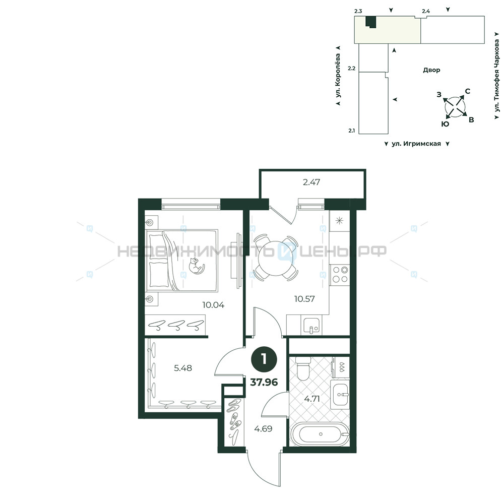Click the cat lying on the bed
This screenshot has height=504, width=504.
[x=197, y=266]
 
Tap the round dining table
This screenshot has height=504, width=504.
[x=276, y=258]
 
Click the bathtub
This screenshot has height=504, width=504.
[x=320, y=434]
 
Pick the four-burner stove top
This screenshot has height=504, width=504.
[x=340, y=275]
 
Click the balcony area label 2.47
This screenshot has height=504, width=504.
[x=311, y=182]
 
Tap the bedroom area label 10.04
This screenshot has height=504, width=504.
[x=213, y=305]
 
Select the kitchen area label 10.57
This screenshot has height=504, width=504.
[x=304, y=299]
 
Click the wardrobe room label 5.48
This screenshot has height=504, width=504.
[x=183, y=368]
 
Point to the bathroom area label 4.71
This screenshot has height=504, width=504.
[x=312, y=399]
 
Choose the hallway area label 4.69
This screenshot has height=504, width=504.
[x=263, y=428]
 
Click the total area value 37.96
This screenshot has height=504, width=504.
[x=264, y=382]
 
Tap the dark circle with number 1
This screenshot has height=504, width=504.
[x=264, y=359]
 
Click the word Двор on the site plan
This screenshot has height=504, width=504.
[x=431, y=70]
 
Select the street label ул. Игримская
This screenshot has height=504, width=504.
[x=416, y=144]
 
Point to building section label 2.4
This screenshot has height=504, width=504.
[x=426, y=11]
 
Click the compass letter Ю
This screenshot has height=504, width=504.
[x=445, y=124]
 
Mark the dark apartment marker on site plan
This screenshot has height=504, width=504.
[x=371, y=22]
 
